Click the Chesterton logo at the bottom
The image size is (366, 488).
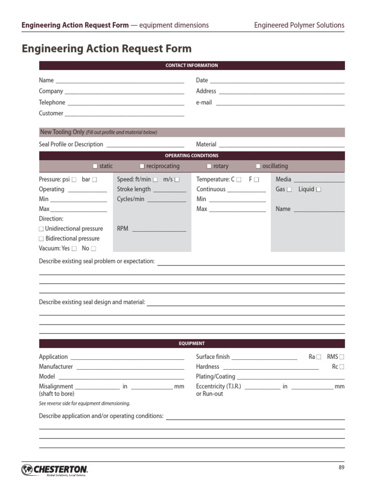(x=54, y=470)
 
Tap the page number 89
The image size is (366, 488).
(x=341, y=468)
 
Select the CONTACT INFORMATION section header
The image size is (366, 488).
(x=192, y=65)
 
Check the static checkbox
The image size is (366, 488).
(x=95, y=166)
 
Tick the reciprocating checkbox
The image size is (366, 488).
(x=142, y=166)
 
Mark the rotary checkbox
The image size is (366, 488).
(x=209, y=166)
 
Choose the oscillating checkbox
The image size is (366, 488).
(x=258, y=166)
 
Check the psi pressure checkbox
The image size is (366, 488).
(x=74, y=180)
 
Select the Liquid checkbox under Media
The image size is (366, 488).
(x=318, y=190)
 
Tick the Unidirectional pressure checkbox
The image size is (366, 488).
(x=41, y=229)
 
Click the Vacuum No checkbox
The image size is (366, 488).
(x=93, y=249)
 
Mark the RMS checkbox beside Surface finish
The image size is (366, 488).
(x=342, y=357)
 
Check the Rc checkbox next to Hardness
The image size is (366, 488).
(x=342, y=367)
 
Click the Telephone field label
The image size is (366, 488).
(x=52, y=102)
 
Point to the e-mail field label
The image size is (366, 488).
(x=204, y=102)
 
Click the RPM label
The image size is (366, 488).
(x=122, y=229)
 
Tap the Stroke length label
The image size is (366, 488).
(x=134, y=189)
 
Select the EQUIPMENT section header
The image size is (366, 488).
(x=192, y=343)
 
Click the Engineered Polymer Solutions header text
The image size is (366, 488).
(x=299, y=25)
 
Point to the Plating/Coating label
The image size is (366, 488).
(x=215, y=376)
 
